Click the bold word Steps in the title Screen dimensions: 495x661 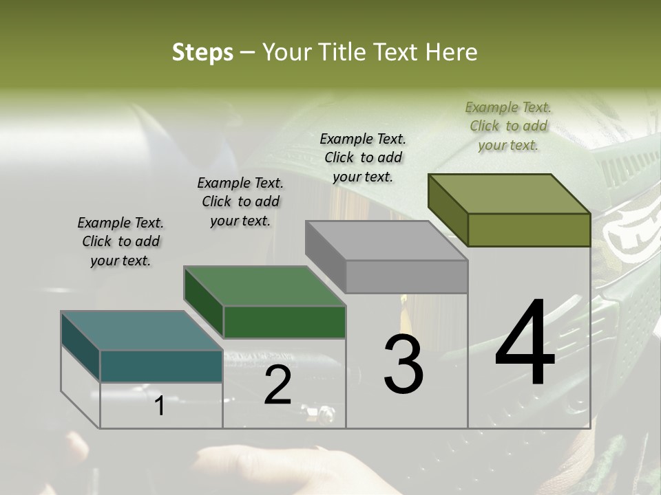point(202,52)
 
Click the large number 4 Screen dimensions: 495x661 point(525,344)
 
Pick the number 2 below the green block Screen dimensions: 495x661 point(277,385)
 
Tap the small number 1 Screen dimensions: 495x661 point(159,406)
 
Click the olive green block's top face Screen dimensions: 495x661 point(510,193)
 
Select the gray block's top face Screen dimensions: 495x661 point(386,241)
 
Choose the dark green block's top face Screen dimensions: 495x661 point(264,285)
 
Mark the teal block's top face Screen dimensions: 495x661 point(142,331)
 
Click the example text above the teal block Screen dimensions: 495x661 point(120,241)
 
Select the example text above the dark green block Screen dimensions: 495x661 point(240,201)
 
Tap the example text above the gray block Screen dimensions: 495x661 point(363,157)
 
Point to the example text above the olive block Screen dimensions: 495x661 point(508,126)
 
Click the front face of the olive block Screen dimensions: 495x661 point(529,230)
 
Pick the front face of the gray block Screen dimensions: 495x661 point(406,277)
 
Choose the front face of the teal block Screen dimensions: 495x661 point(161,366)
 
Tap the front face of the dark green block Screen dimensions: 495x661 point(284,322)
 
